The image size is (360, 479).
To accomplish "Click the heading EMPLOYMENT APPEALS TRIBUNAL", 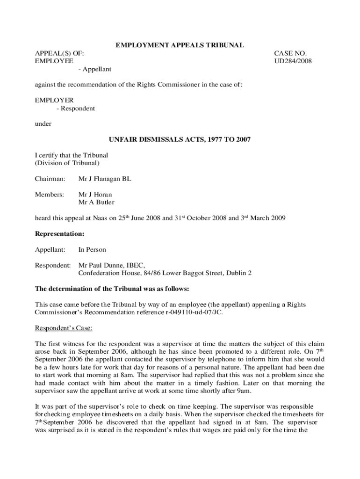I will (180, 45).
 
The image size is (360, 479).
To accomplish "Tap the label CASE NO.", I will (290, 53).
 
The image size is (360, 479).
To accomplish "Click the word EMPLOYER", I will (54, 100).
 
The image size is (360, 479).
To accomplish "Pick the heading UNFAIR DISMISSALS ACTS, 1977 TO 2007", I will (180, 139).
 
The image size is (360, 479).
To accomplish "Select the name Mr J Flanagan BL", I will (105, 179).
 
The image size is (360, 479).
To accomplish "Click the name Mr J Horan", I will (95, 195).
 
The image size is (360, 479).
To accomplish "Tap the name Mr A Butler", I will (96, 202).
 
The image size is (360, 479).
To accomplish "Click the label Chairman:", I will (50, 179).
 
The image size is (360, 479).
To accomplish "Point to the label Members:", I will (50, 195).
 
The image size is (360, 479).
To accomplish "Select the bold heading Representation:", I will (60, 233).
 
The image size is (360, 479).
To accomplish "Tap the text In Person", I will (92, 250).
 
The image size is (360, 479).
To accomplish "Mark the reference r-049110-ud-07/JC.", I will (189, 312).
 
